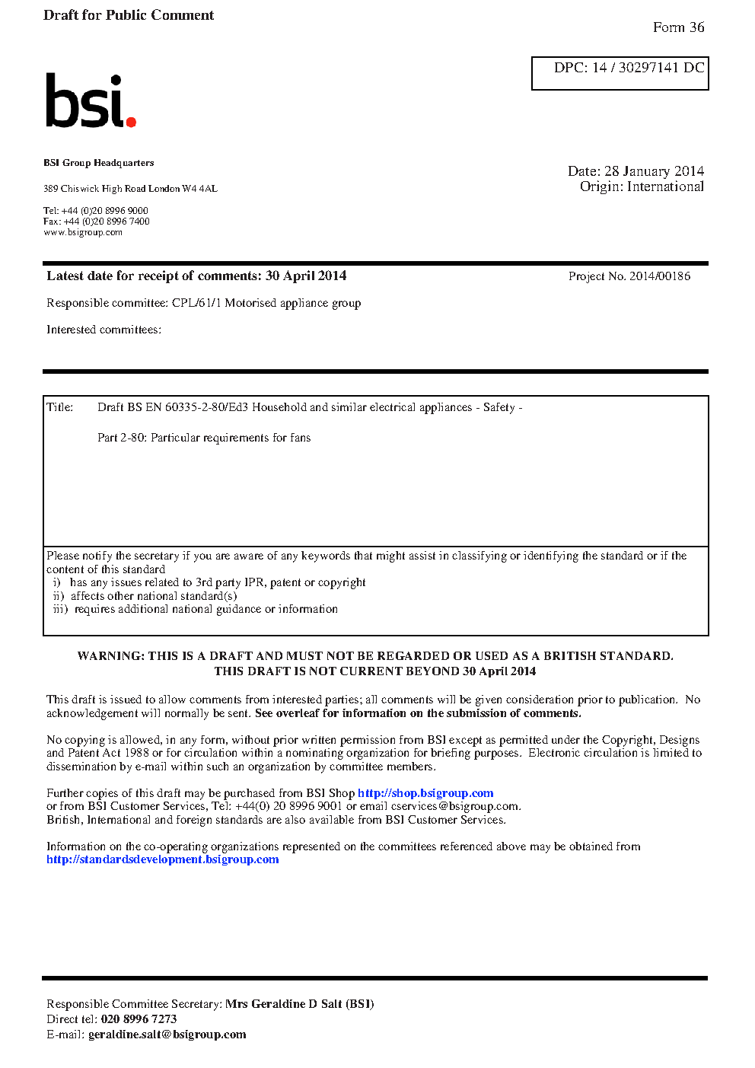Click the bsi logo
[90, 100]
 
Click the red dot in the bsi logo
[131, 121]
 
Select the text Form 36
[678, 27]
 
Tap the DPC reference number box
[620, 73]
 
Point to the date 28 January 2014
[654, 171]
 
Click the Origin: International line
[642, 187]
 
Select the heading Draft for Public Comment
[129, 15]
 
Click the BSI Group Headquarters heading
[98, 163]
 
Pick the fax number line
[96, 222]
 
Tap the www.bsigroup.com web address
[82, 232]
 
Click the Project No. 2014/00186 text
[629, 276]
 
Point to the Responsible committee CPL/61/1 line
[203, 303]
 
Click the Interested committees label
[104, 330]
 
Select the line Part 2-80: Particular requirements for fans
[204, 438]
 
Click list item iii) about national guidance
[196, 609]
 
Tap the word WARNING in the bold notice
[110, 656]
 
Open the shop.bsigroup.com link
[425, 793]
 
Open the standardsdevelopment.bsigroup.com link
[162, 859]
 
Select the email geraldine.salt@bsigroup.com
[167, 1035]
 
